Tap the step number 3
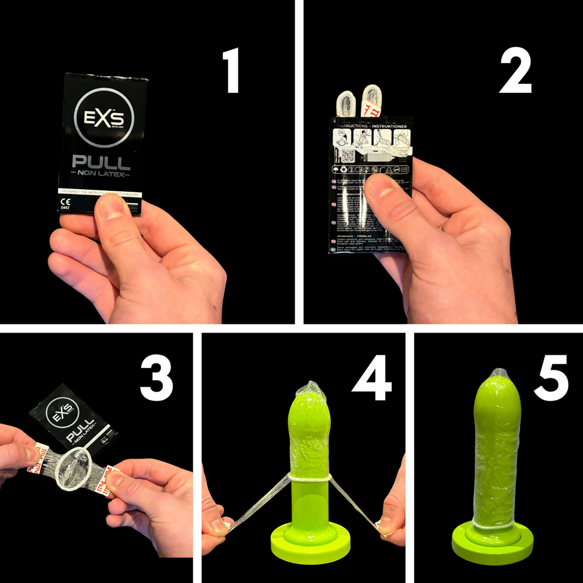tap(156, 377)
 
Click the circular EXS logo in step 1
tap(106, 118)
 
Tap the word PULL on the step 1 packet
tap(101, 162)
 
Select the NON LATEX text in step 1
tap(101, 175)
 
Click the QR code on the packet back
tap(347, 157)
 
